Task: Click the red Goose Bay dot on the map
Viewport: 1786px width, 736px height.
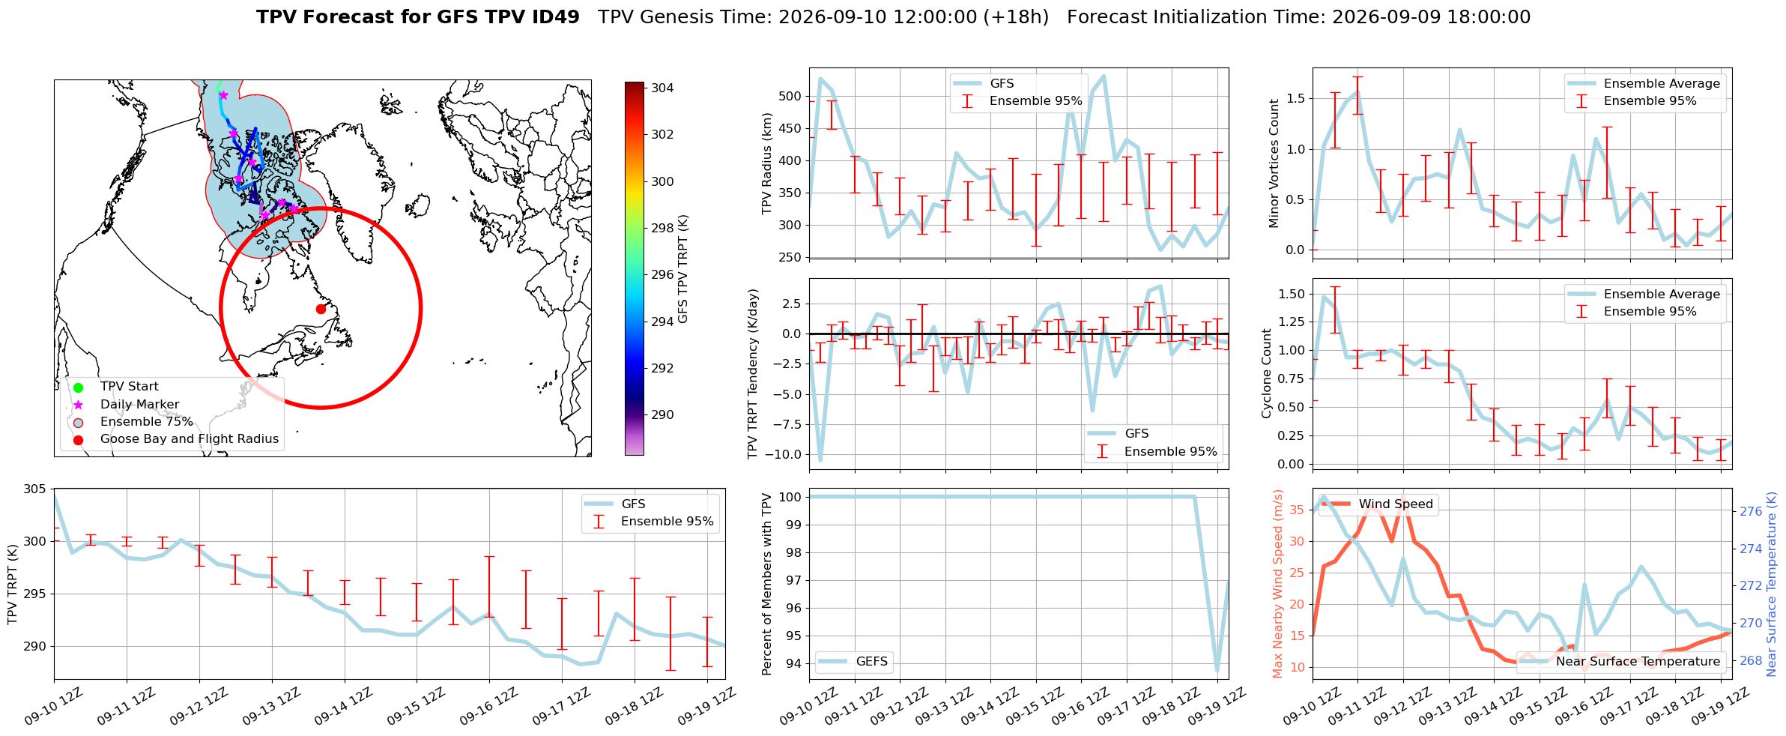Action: [x=321, y=309]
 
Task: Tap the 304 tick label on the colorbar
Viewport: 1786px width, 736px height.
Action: [x=662, y=88]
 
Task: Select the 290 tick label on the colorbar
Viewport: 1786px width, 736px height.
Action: [x=662, y=414]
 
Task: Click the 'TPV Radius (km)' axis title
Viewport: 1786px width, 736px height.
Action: [x=766, y=163]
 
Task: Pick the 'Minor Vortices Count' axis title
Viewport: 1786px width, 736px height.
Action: [x=1274, y=163]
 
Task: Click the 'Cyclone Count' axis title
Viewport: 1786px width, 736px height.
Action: [x=1267, y=373]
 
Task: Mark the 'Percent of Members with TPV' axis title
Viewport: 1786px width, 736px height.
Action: [x=766, y=584]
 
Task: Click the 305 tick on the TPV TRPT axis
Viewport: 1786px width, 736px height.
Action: [x=34, y=489]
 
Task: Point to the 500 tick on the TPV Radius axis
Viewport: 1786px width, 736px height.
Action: [x=790, y=96]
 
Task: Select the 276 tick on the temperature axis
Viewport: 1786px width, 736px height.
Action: [x=1751, y=511]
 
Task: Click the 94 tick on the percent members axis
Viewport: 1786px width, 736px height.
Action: [x=794, y=663]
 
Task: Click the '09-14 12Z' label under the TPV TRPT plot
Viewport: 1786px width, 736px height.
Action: [x=342, y=707]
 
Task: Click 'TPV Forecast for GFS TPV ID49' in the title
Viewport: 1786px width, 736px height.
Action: [x=418, y=17]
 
